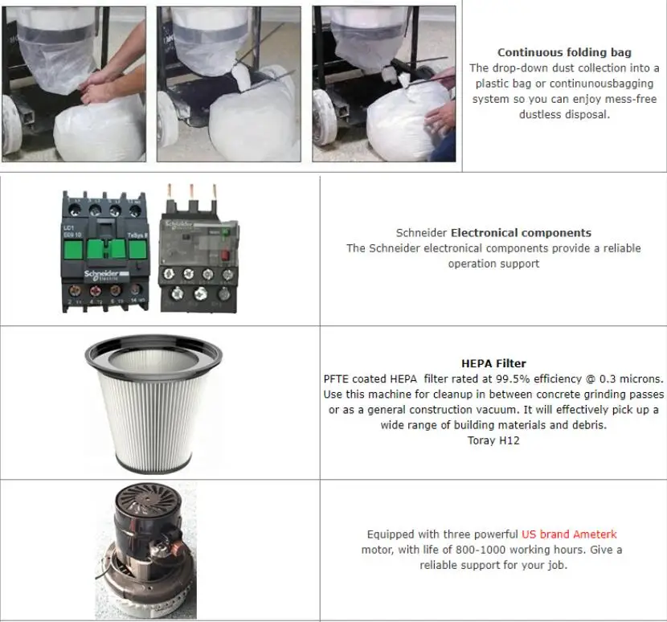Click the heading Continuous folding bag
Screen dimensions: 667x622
pyautogui.click(x=564, y=53)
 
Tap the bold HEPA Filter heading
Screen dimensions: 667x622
pyautogui.click(x=493, y=363)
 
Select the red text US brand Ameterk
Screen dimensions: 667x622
pyautogui.click(x=569, y=534)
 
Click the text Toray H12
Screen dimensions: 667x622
pyautogui.click(x=493, y=440)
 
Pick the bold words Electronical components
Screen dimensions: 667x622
pyautogui.click(x=521, y=233)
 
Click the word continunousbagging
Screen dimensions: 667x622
pyautogui.click(x=601, y=84)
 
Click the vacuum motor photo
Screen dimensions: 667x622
pyautogui.click(x=145, y=550)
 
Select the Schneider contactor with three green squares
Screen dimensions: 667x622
pyautogui.click(x=105, y=252)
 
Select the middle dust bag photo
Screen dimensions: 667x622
pyautogui.click(x=229, y=84)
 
